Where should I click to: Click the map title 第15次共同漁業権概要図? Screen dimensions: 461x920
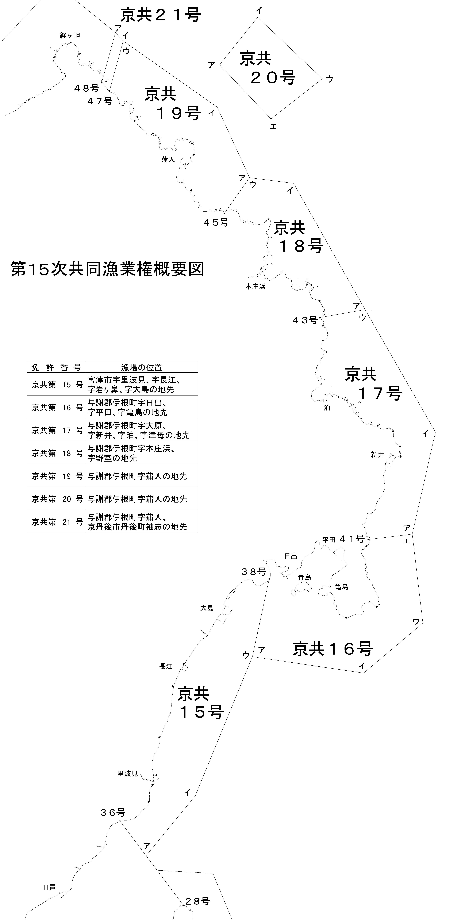click(107, 269)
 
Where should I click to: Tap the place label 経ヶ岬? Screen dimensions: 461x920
click(70, 35)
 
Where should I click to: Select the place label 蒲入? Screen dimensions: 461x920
click(168, 160)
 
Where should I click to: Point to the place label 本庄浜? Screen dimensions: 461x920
click(255, 286)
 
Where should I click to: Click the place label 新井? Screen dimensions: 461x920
click(377, 455)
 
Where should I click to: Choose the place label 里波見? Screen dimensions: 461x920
click(128, 774)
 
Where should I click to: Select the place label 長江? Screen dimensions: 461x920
click(166, 666)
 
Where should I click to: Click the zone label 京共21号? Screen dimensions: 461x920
click(160, 15)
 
